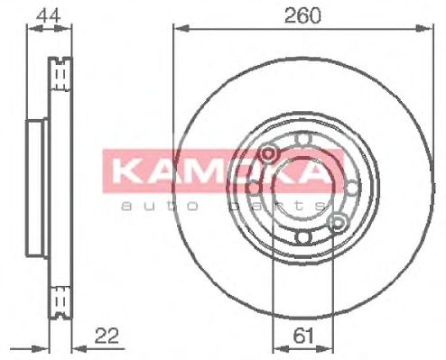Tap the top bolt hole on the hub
[x=303, y=137]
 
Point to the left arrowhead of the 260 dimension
[x=175, y=29]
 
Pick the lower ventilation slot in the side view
[x=61, y=297]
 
